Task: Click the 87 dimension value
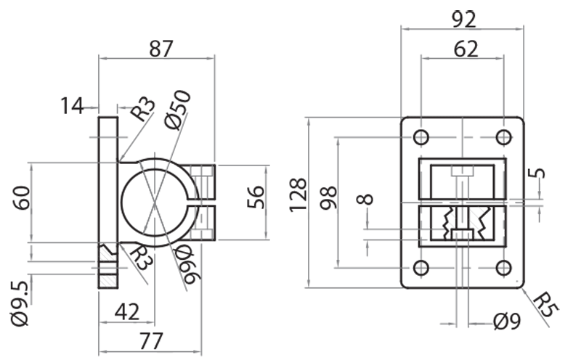(161, 49)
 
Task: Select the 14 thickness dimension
(73, 106)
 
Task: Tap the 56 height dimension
(256, 197)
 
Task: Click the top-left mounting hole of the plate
(420, 137)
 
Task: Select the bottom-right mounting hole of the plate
(503, 267)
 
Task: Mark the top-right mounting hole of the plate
(503, 137)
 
